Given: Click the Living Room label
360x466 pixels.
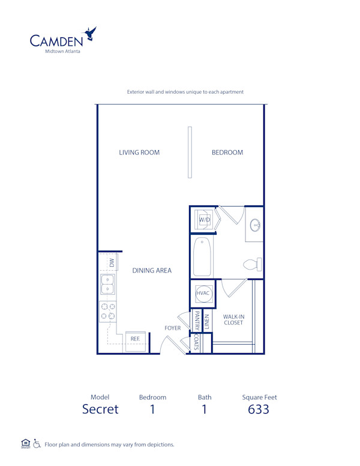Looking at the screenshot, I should tap(139, 153).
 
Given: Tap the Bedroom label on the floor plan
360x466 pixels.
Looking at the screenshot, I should tap(227, 153).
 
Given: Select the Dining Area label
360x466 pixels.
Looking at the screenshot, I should tap(152, 270).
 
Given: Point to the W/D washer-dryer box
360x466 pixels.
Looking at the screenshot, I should tap(205, 220).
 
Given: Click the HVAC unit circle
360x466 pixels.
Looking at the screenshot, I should tap(202, 293).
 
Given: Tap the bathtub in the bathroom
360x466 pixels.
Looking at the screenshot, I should tap(202, 256).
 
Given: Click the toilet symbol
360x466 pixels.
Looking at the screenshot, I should tap(253, 264).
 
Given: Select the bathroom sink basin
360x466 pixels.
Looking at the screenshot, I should tap(256, 226).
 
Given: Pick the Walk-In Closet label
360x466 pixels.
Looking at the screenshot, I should tap(233, 319).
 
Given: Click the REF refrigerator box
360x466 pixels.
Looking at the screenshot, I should tap(136, 339).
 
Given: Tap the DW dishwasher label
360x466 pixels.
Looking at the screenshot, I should tap(112, 262).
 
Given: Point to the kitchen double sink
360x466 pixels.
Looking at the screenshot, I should tap(107, 285).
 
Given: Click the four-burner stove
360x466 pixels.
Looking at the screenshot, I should tap(107, 310).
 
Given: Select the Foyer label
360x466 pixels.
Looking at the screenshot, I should tap(173, 328).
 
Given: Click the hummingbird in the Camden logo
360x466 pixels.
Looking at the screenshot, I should tap(91, 33).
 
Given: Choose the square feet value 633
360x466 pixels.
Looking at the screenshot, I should tap(259, 410).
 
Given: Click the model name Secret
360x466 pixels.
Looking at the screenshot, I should tap(100, 410).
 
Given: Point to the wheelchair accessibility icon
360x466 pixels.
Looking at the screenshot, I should tap(37, 444).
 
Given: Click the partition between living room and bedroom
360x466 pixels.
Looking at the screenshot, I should tap(190, 152).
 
